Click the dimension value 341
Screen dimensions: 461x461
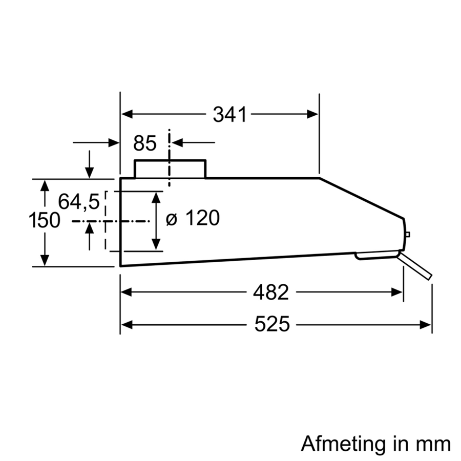point(230,115)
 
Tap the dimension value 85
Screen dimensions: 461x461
point(144,144)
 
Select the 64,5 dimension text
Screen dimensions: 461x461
point(78,202)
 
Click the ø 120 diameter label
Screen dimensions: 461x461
point(193,219)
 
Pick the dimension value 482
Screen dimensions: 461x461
point(271,292)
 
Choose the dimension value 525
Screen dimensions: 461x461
point(272,324)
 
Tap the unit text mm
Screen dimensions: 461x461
point(435,443)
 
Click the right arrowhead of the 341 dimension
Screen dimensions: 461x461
point(313,114)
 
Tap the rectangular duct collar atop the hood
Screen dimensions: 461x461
point(170,169)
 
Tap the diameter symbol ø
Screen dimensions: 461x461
point(172,219)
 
